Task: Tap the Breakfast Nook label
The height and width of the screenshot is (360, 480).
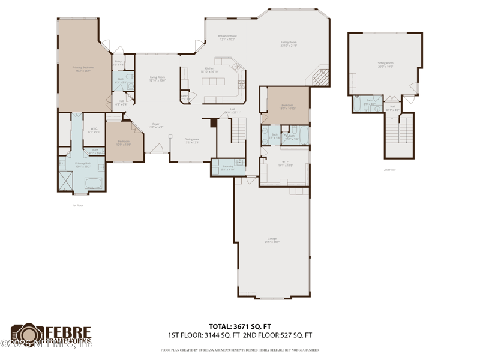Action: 227,38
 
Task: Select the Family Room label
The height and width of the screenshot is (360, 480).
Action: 289,44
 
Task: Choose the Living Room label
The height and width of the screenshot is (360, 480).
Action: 157,79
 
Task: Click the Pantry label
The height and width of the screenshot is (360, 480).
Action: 185,97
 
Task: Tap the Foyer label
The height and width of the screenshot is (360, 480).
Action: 155,126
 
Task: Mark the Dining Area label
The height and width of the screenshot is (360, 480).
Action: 191,140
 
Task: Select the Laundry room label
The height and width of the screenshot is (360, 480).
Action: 227,167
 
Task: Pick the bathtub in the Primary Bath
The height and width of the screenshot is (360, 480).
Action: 94,182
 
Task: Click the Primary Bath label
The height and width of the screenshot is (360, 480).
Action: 83,164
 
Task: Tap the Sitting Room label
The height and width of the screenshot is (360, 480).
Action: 385,64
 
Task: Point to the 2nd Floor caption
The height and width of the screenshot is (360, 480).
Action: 390,170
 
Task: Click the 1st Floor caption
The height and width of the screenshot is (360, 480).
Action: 77,205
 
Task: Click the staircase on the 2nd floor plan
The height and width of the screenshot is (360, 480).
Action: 399,128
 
